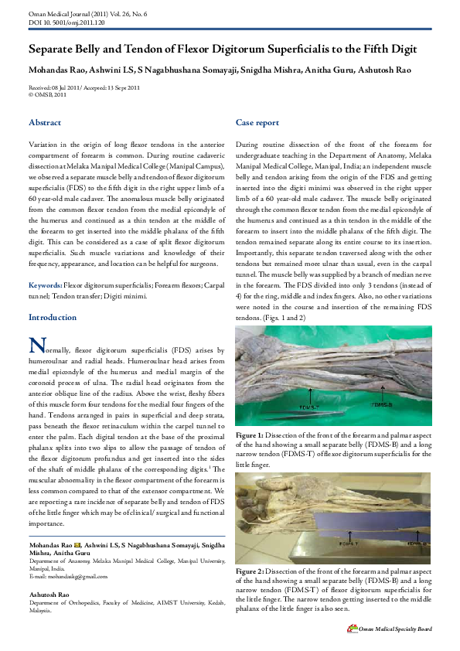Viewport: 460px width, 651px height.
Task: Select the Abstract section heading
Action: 45,123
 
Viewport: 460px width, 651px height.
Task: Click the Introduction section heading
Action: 53,318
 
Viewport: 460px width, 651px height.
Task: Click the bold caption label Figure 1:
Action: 250,436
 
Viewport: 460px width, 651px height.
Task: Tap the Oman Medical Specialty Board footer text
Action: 394,629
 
